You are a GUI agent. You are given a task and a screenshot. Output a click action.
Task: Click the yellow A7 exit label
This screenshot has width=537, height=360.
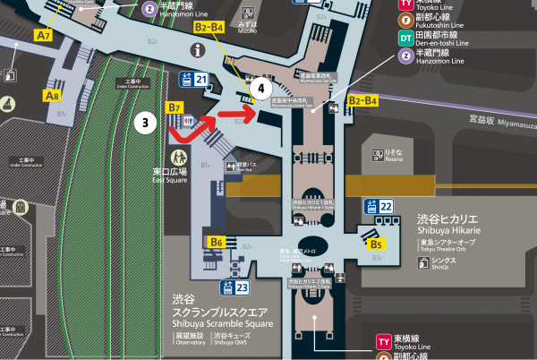click(x=43, y=35)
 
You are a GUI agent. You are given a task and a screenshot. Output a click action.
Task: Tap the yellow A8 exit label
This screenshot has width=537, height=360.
click(x=53, y=93)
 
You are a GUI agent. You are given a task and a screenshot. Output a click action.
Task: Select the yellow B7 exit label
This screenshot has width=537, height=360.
click(x=175, y=108)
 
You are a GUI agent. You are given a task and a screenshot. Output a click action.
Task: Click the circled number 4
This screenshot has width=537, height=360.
click(x=260, y=88)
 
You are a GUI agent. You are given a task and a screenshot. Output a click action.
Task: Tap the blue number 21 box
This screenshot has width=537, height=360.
click(x=201, y=81)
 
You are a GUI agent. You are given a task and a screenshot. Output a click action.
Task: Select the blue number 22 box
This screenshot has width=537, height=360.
click(x=386, y=207)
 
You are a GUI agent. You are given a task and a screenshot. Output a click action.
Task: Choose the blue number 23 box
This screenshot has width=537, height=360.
click(x=243, y=287)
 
